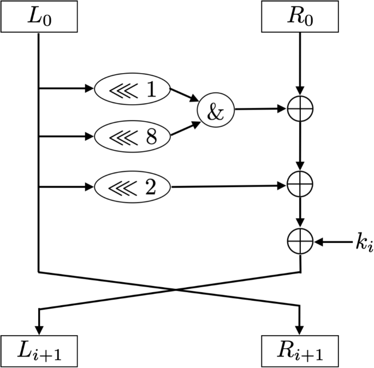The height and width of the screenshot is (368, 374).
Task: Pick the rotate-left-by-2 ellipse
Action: coord(133,187)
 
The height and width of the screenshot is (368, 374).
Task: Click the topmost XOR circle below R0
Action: coord(300,109)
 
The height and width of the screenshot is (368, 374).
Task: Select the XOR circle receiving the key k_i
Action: coord(300,241)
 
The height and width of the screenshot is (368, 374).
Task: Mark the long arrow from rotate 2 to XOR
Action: coord(229,187)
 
